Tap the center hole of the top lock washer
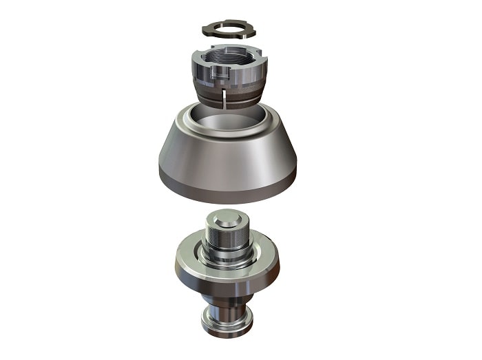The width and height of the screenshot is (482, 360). coord(229,30)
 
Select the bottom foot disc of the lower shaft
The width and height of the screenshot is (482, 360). coord(227,323)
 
